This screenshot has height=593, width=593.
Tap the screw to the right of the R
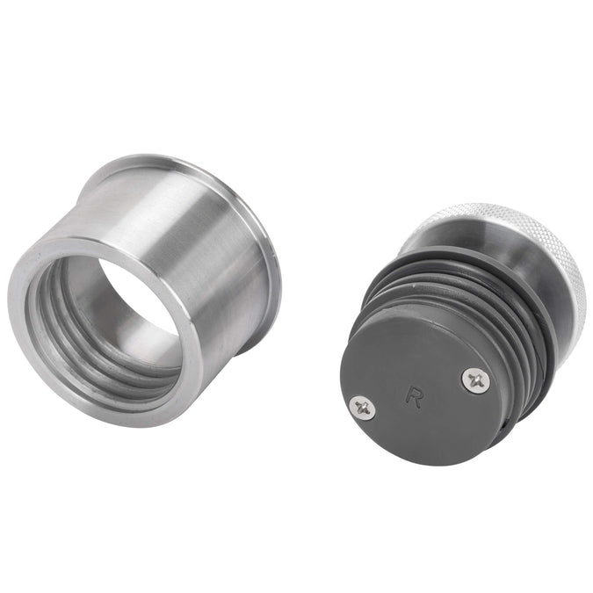point(474,380)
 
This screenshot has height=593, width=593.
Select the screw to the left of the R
point(363,407)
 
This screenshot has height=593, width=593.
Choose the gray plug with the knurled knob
point(457,334)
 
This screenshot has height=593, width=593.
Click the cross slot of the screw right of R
point(474,380)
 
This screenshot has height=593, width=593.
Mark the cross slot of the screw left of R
point(363,407)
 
